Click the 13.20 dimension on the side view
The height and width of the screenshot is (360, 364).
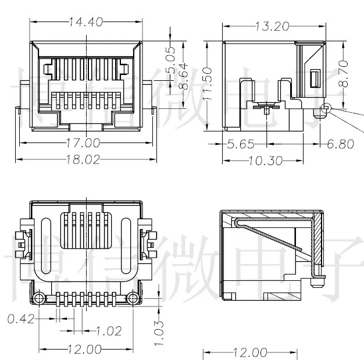pyautogui.click(x=272, y=26)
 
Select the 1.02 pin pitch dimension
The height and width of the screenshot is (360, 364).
pyautogui.click(x=108, y=331)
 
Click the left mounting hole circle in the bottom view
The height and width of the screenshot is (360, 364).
pyautogui.click(x=39, y=298)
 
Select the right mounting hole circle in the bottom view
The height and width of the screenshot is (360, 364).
pyautogui.click(x=132, y=298)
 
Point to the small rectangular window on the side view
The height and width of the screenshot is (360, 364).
pyautogui.click(x=316, y=78)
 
